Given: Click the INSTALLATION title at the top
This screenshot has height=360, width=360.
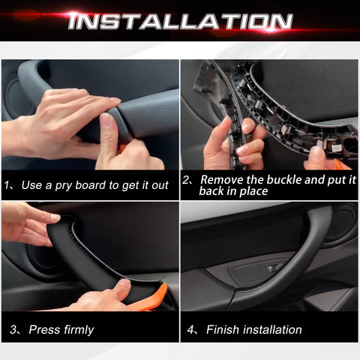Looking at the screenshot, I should (x=180, y=20).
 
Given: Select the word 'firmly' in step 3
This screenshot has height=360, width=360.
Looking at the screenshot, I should (x=76, y=329).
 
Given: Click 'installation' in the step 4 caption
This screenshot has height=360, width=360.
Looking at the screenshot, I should (x=271, y=329).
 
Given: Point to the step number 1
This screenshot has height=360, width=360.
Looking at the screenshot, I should (x=7, y=184).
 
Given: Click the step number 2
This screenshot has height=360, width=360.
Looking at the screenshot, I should (x=187, y=180).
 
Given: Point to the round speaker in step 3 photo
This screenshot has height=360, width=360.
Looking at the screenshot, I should (x=37, y=259).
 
